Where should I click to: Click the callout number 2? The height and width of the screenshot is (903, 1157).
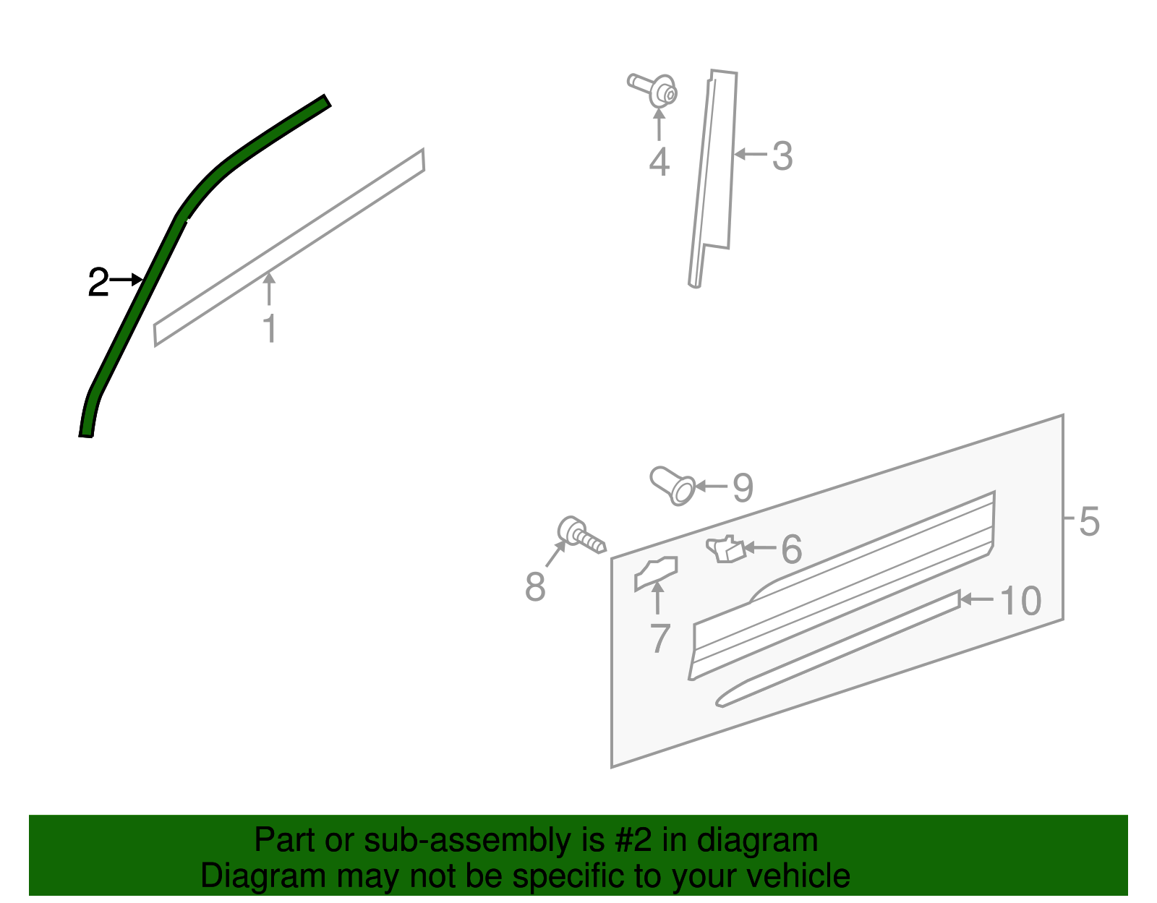coord(98,282)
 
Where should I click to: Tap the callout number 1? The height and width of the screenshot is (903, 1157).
coord(270,329)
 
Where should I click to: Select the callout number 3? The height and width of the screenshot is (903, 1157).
coord(782,156)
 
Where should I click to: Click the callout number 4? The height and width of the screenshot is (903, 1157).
coord(659,162)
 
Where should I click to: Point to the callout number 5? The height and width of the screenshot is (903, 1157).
coord(1089,521)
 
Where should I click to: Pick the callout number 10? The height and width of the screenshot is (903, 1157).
coord(1020,601)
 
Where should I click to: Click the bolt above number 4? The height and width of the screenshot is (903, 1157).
coord(654,90)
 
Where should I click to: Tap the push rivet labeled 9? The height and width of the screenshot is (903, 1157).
coord(673,485)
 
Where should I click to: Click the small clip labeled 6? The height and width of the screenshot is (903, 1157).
coord(725,549)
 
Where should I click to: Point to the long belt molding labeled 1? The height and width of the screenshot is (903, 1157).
coord(289,247)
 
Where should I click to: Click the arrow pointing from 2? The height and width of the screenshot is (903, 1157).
coord(127,279)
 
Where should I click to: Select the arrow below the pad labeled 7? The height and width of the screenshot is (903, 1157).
coord(657,598)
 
